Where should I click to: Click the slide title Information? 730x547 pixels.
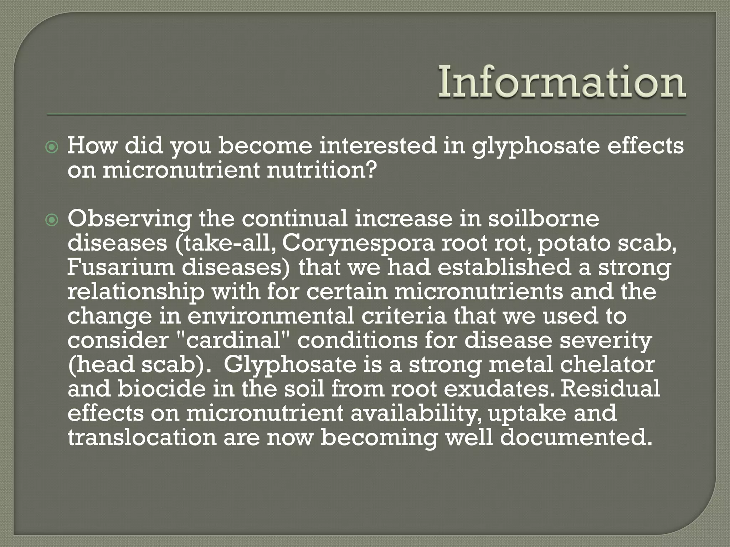click(x=562, y=83)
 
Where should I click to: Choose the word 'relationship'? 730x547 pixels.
click(x=136, y=292)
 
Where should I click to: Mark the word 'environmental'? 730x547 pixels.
click(x=271, y=316)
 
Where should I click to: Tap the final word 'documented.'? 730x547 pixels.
click(x=576, y=437)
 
